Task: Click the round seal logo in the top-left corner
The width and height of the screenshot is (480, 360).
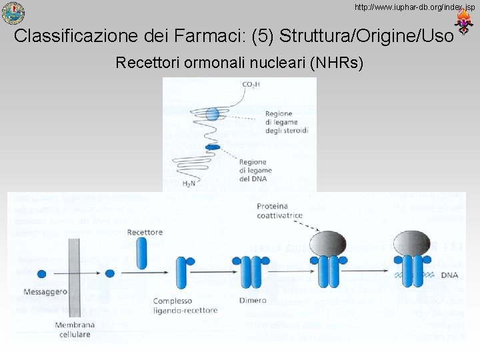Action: pos(13,13)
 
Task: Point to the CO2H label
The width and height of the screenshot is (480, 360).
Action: pos(252,84)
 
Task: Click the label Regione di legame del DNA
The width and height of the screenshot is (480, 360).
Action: pos(253,170)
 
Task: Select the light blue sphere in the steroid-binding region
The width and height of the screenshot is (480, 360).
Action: pos(212,114)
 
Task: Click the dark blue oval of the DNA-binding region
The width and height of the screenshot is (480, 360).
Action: pos(213,147)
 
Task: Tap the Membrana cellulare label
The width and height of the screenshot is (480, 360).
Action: pos(75,329)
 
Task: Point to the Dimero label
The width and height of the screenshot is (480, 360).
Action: pos(252,301)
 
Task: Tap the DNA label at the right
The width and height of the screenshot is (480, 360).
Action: pos(449,275)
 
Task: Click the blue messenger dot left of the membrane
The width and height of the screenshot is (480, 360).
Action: pos(41,273)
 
